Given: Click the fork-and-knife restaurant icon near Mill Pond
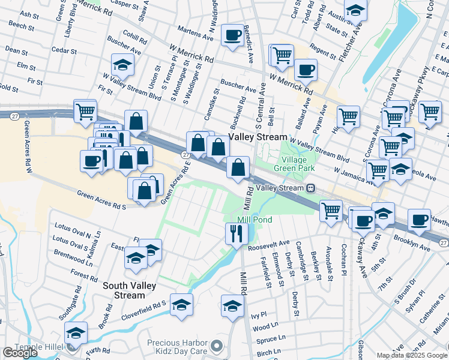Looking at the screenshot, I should coord(234,233).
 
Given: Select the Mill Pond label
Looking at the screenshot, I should coord(255,220).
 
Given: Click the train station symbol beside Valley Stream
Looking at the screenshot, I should coord(310,188).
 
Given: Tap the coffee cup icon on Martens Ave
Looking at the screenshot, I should coord(232,35).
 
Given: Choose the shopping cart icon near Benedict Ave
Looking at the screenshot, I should coord(282,55).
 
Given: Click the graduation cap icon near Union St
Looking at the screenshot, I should coord(122,65).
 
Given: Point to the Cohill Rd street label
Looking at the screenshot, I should coord(135,41).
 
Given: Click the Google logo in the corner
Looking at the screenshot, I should coord(20,353).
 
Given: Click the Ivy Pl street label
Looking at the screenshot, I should coord(258,314).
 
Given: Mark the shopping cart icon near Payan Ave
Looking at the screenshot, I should coord(348,116).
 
